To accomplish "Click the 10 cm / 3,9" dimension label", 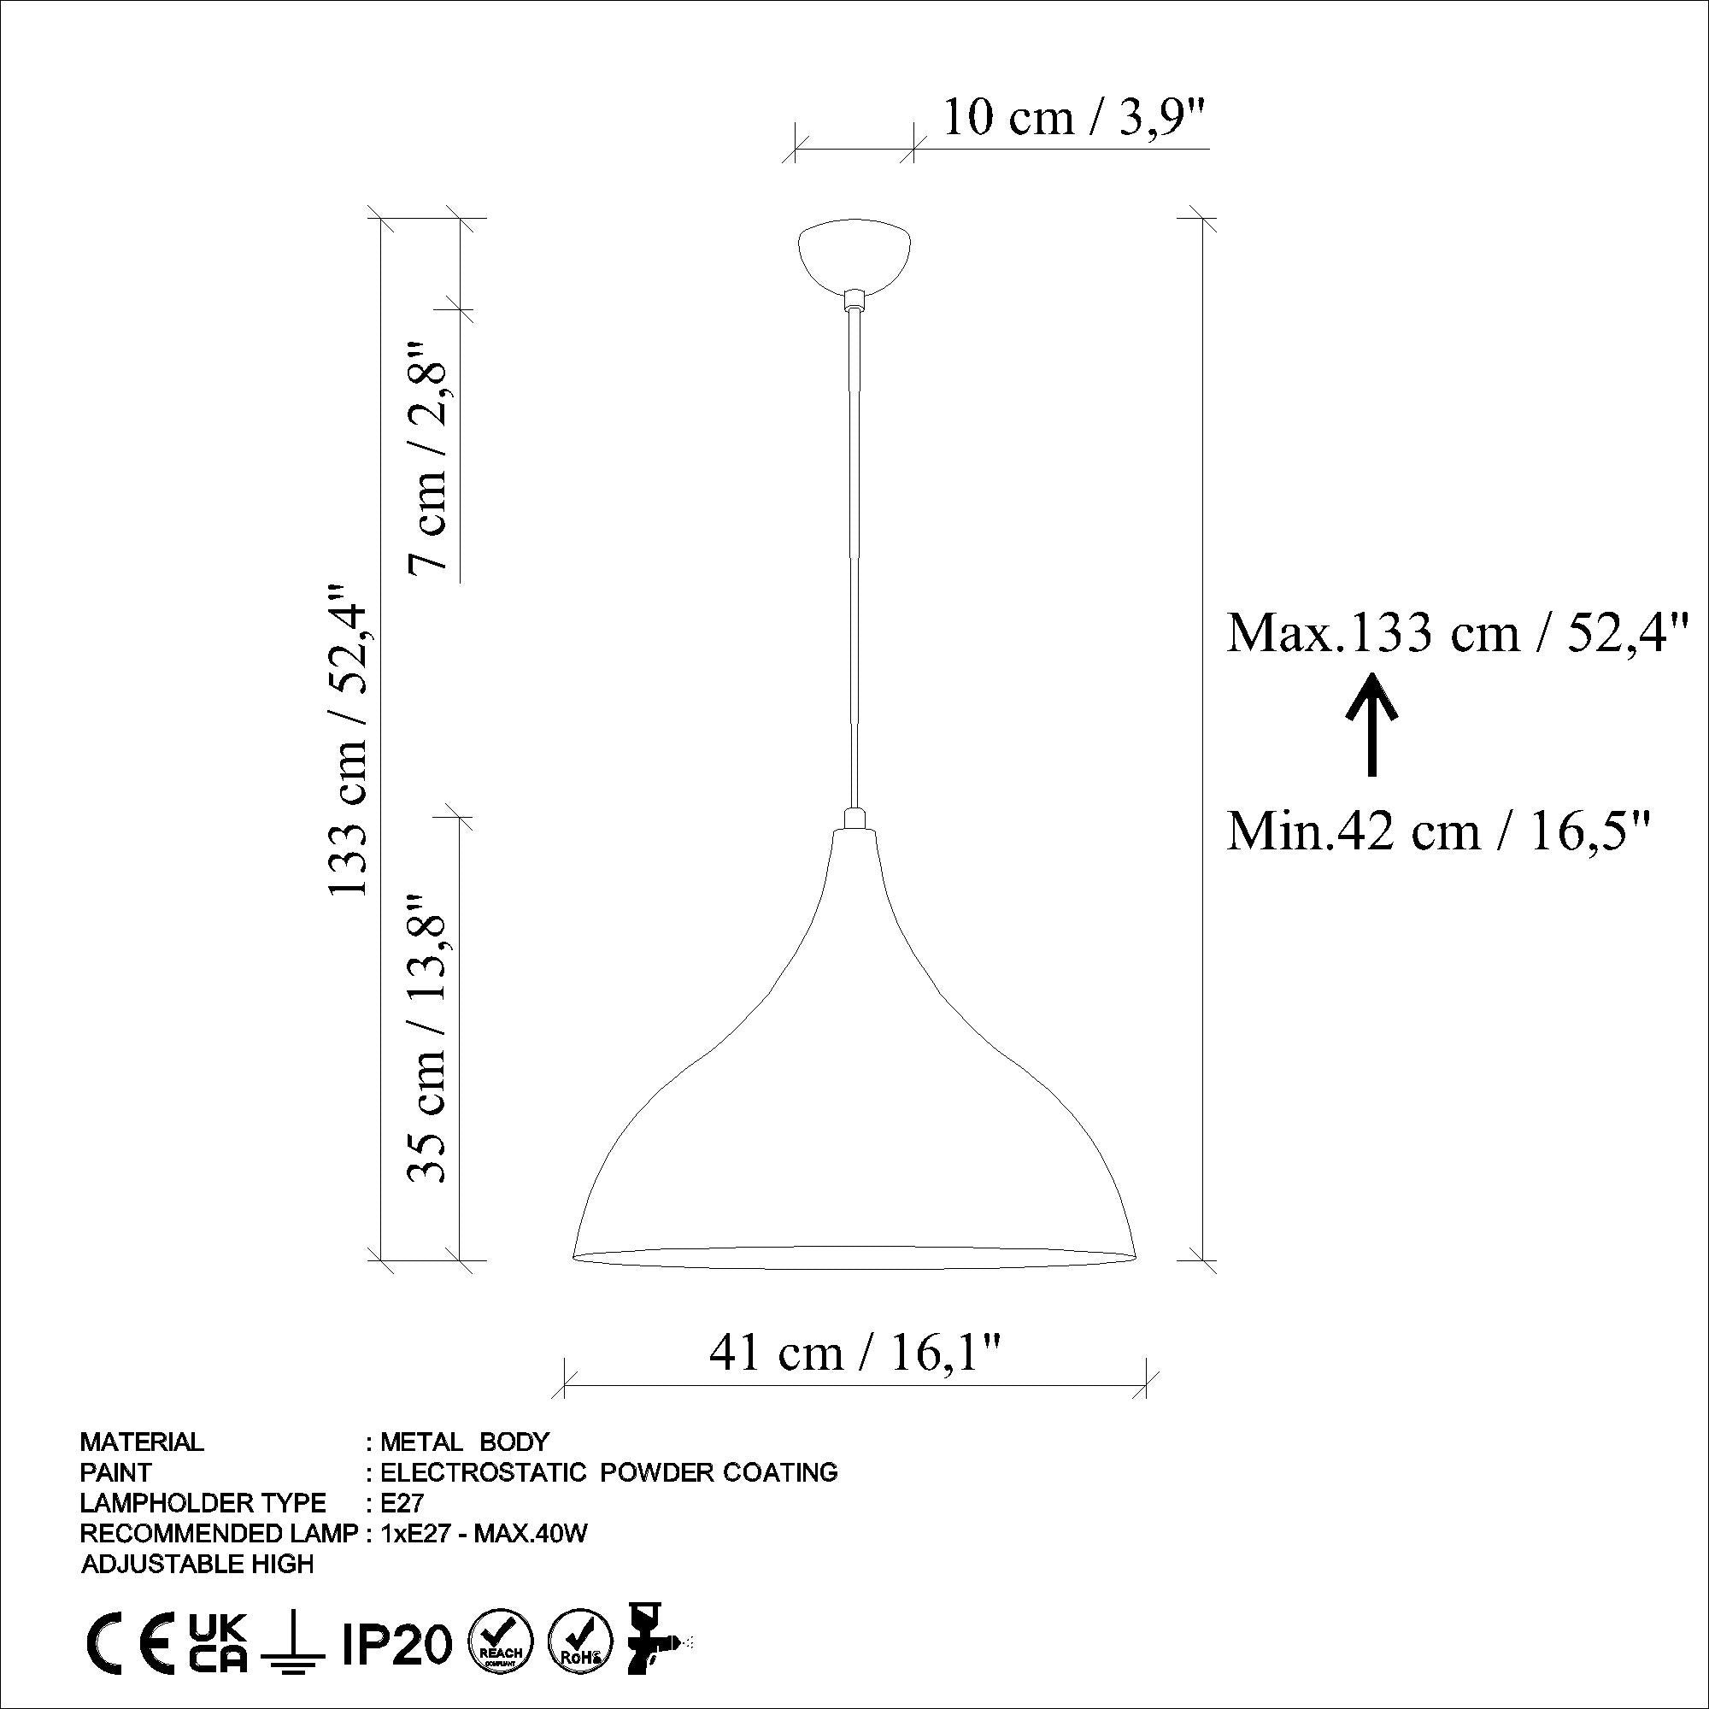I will pos(1074,118).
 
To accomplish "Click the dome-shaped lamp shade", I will pos(854,1106).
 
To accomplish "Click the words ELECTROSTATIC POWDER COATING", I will pos(608,1472).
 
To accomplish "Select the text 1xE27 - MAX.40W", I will pos(483,1534).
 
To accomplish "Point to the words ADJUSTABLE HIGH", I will pos(197,1564).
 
